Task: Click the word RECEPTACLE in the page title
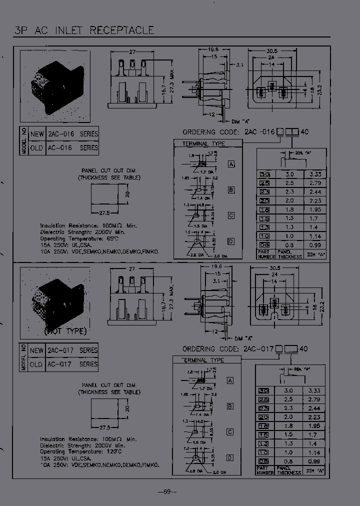click(122, 30)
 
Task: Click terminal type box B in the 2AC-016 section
click(231, 190)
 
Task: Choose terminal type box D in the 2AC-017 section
click(230, 457)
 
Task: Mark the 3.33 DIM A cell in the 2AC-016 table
click(315, 174)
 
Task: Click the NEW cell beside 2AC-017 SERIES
click(37, 350)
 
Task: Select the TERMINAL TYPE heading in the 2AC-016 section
click(204, 144)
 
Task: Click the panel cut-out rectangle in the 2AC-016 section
click(103, 193)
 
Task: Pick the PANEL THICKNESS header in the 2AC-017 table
click(289, 469)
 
